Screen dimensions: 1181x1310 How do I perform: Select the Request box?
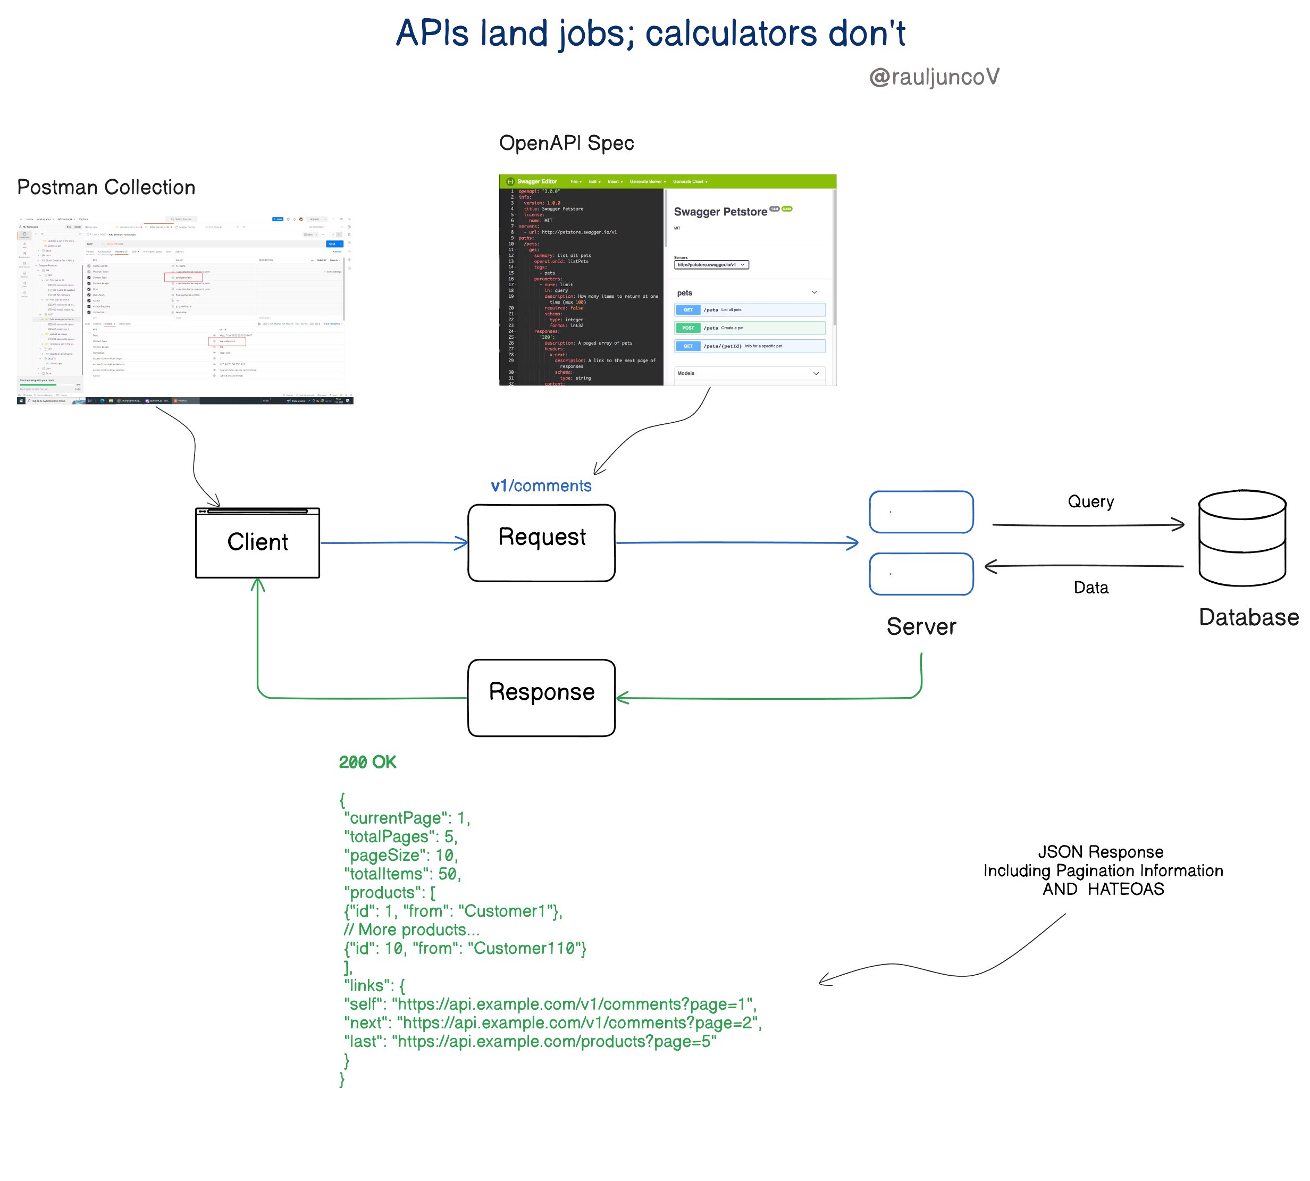[541, 542]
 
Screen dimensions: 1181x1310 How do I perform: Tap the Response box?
[541, 698]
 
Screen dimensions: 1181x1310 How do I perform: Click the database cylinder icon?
[1241, 538]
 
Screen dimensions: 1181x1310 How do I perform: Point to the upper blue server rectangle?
[921, 512]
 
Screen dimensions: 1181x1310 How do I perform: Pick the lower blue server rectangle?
[921, 574]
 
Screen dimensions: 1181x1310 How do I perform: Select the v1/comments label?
[541, 485]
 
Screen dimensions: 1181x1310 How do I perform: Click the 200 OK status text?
[367, 762]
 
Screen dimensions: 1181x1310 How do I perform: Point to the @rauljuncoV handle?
[934, 77]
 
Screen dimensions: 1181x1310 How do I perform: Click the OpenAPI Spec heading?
[566, 143]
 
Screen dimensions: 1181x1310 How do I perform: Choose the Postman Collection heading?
[106, 187]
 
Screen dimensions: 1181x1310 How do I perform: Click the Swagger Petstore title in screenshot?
[720, 212]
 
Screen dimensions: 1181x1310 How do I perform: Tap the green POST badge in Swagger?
[688, 328]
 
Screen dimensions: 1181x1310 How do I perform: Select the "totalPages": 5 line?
[400, 836]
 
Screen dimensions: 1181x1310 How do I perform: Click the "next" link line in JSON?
[551, 1023]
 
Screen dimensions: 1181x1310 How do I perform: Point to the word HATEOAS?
[1125, 889]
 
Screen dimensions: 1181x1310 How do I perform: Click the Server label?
[921, 626]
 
